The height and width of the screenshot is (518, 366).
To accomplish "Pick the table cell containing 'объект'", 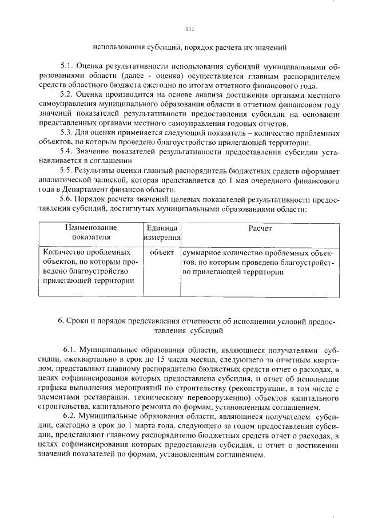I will (162, 252).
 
